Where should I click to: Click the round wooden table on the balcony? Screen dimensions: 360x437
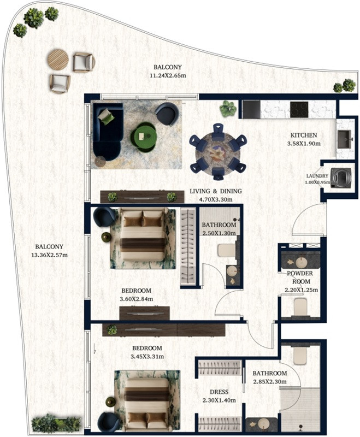click(x=58, y=60)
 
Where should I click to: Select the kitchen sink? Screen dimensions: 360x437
click(x=345, y=139)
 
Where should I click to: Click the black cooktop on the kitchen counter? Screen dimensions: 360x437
click(x=299, y=110)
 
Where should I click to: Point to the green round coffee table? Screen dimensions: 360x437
click(x=144, y=137)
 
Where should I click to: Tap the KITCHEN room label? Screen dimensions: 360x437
click(x=304, y=135)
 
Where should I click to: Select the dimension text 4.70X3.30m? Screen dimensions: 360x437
click(x=216, y=199)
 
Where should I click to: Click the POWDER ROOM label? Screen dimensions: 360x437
click(x=300, y=277)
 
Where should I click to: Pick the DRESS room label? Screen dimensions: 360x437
click(x=219, y=392)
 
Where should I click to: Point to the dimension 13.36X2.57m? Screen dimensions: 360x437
click(x=49, y=255)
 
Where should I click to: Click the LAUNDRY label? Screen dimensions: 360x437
click(x=317, y=176)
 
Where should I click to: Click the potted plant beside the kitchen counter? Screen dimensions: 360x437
click(x=228, y=108)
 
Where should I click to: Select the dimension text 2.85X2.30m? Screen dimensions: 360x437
click(x=270, y=382)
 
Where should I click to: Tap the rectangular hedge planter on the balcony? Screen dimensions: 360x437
click(x=56, y=423)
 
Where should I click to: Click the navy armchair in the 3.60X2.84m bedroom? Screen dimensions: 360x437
click(x=104, y=216)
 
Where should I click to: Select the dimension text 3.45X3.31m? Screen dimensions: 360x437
click(x=147, y=357)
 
